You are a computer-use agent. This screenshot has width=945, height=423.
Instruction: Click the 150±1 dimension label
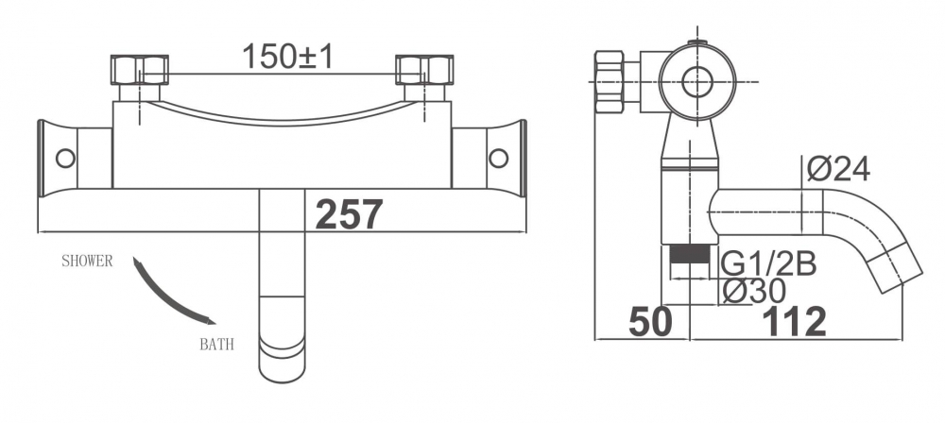tap(287, 57)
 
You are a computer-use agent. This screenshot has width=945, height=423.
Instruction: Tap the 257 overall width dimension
tap(349, 214)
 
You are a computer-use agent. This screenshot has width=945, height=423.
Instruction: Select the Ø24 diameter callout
tap(838, 169)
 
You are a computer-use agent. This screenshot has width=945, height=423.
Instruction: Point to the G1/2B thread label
tap(768, 264)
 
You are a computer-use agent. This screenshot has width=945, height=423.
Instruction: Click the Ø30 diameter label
tap(754, 292)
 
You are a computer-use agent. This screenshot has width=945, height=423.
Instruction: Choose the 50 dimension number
tap(650, 322)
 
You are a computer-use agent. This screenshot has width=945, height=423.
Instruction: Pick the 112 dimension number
tap(796, 322)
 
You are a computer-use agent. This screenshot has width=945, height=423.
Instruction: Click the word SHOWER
tap(87, 262)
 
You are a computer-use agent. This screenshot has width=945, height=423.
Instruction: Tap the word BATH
tap(216, 346)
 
